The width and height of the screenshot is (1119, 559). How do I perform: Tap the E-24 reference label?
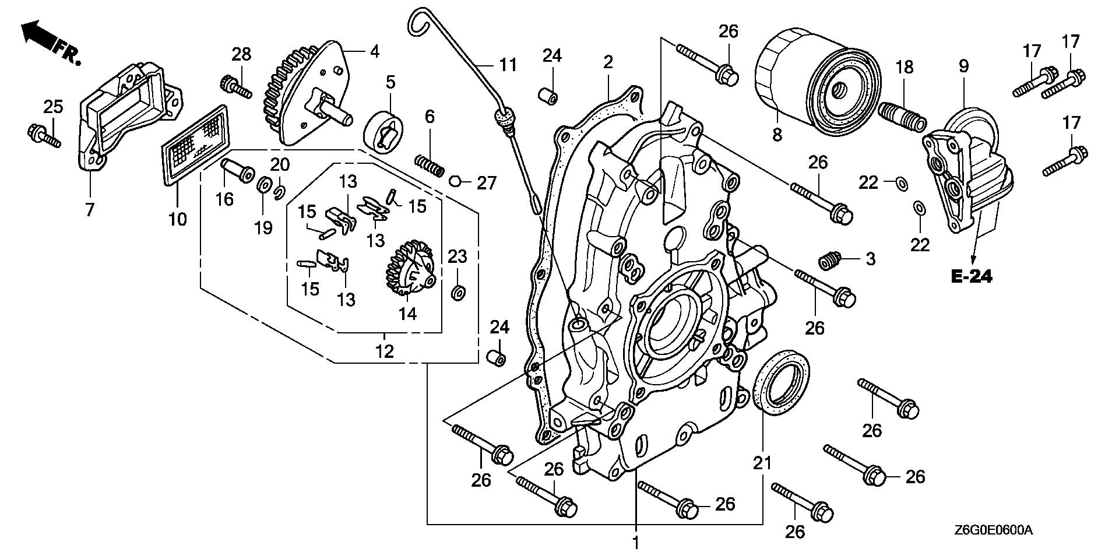972,277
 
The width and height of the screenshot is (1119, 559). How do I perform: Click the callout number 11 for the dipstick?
508,65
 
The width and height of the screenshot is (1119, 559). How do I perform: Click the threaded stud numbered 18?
907,117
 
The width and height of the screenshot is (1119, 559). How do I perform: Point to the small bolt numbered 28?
235,87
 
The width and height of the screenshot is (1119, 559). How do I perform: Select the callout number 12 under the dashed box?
385,351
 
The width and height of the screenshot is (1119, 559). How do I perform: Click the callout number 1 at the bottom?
636,543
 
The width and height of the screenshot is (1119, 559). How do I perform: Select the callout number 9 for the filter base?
963,66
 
